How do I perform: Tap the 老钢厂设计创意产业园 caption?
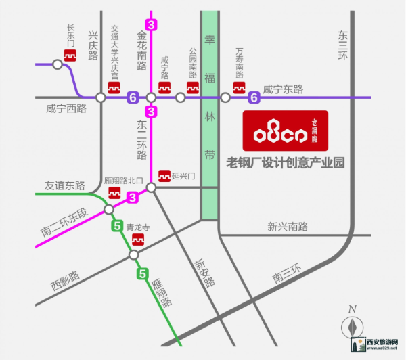pyautogui.click(x=285, y=162)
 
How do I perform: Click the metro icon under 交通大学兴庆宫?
pyautogui.click(x=114, y=88)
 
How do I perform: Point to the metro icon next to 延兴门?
pyautogui.click(x=163, y=175)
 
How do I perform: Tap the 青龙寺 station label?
pyautogui.click(x=138, y=229)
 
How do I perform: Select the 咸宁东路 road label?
pyautogui.click(x=284, y=89)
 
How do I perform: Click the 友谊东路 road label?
pyautogui.click(x=64, y=185)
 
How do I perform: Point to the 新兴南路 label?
pyautogui.click(x=288, y=226)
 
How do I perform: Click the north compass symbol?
pyautogui.click(x=351, y=324)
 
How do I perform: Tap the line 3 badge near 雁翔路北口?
pyautogui.click(x=133, y=197)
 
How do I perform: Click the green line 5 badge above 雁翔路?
pyautogui.click(x=142, y=274)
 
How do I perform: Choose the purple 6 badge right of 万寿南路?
pyautogui.click(x=254, y=97)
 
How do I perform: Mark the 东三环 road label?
pyautogui.click(x=342, y=47)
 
